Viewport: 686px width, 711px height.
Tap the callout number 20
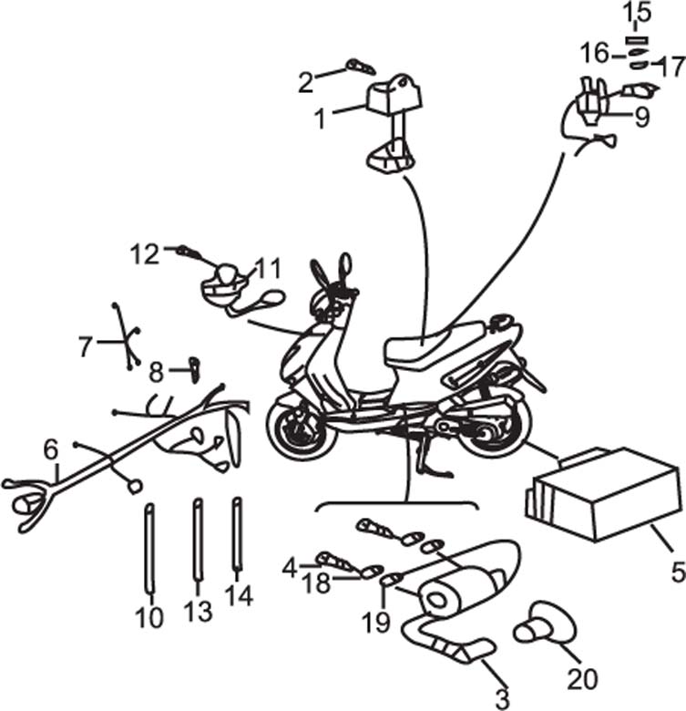(582, 679)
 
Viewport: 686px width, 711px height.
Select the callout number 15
(637, 14)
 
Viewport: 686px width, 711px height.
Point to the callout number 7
(86, 346)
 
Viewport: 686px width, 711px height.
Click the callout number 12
(143, 254)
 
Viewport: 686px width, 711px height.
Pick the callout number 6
(50, 448)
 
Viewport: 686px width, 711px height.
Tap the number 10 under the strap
(150, 617)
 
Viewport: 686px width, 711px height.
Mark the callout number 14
(238, 595)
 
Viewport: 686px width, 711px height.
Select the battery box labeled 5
(601, 497)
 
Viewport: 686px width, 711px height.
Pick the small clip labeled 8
(193, 366)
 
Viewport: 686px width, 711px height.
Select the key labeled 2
(360, 67)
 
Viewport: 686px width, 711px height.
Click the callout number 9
(642, 117)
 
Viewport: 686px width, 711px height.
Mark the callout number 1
(320, 118)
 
